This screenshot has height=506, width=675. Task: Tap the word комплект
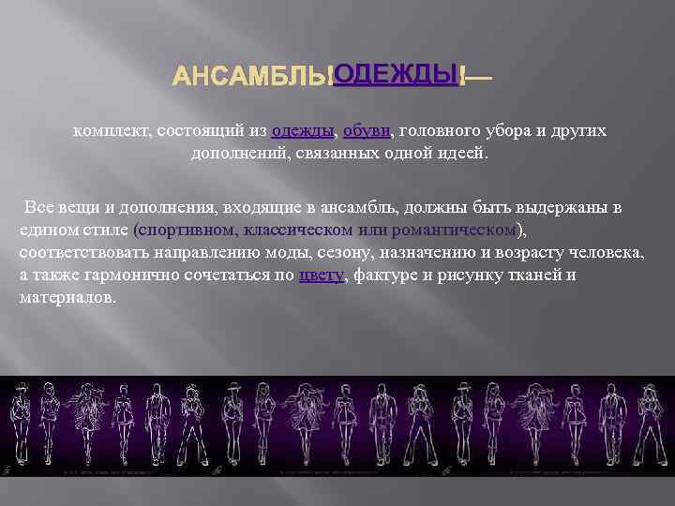tap(112, 132)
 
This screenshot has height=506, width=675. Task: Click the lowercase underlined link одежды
tap(303, 132)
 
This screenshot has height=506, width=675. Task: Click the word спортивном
tap(187, 230)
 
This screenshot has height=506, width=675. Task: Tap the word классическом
tap(300, 230)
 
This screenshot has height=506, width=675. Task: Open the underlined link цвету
tap(321, 275)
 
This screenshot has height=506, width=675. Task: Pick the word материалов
tap(67, 298)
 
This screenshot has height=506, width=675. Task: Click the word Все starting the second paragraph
tap(40, 207)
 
